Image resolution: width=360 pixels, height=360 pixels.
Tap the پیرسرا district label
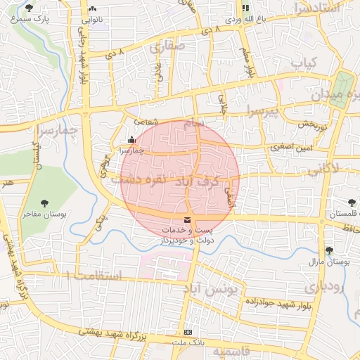point(262,110)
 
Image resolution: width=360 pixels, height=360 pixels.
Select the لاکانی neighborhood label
point(323,168)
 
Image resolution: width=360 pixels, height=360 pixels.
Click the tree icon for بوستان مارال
point(328,250)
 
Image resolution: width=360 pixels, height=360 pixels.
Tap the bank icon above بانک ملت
point(187,332)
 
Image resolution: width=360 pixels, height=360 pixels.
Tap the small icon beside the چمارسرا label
point(132,139)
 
